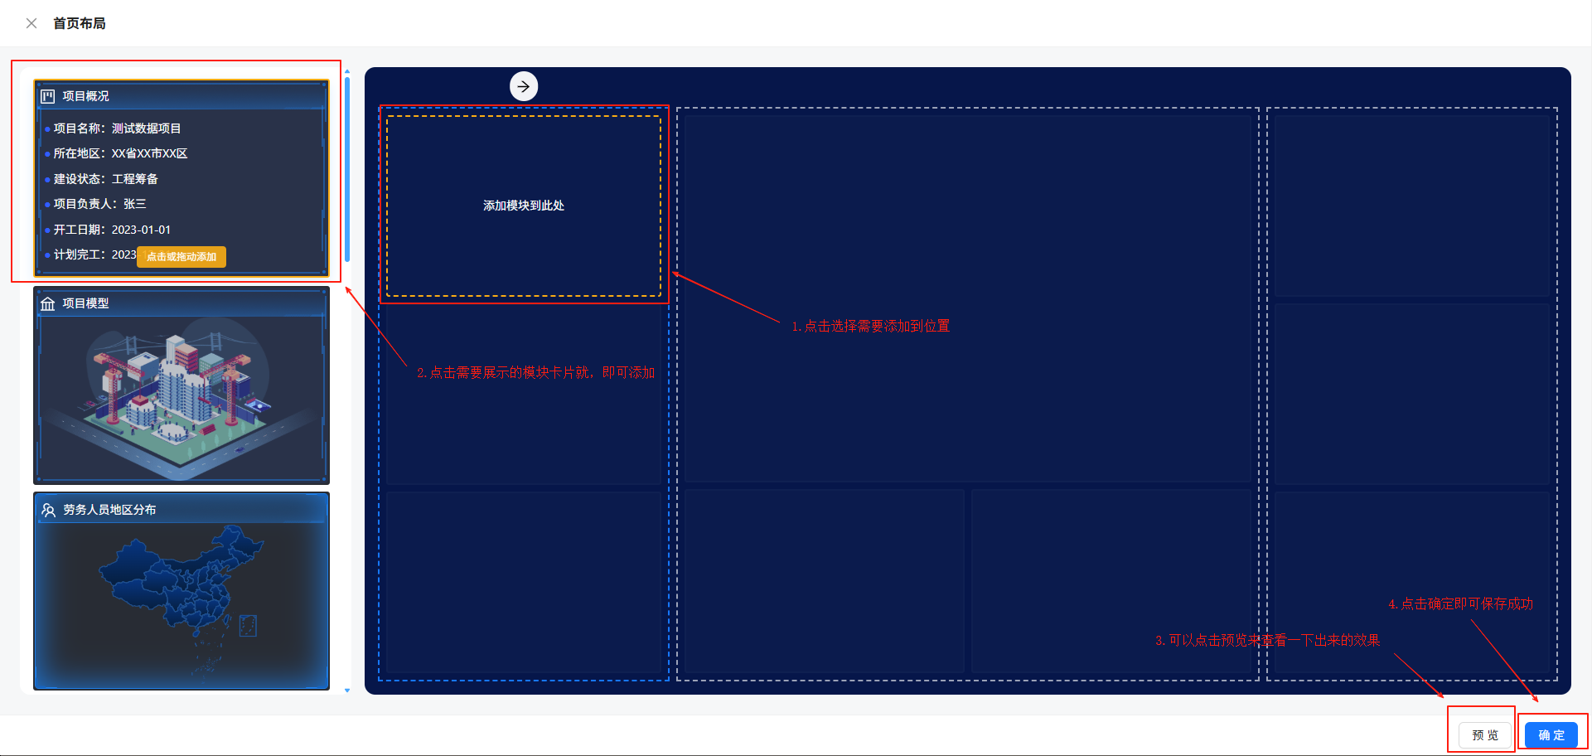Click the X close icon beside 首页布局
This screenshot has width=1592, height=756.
pyautogui.click(x=31, y=23)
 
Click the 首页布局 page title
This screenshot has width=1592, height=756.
pyautogui.click(x=80, y=23)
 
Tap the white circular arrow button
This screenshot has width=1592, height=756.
pyautogui.click(x=524, y=86)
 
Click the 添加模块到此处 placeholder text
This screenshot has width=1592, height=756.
pyautogui.click(x=524, y=206)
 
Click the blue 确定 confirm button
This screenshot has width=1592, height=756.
pyautogui.click(x=1551, y=735)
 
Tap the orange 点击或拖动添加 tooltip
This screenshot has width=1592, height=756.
pyautogui.click(x=181, y=257)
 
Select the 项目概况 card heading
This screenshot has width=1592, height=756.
pyautogui.click(x=85, y=96)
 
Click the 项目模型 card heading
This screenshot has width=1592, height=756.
pyautogui.click(x=85, y=303)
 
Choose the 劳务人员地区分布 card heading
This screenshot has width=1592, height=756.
pyautogui.click(x=109, y=510)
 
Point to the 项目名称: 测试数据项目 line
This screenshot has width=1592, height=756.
pyautogui.click(x=117, y=128)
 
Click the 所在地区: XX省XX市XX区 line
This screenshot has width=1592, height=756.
pyautogui.click(x=120, y=153)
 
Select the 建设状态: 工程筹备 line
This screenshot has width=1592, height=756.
pyautogui.click(x=105, y=179)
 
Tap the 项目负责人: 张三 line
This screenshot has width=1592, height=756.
pyautogui.click(x=99, y=204)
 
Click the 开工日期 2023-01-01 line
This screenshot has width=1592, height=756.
pyautogui.click(x=112, y=230)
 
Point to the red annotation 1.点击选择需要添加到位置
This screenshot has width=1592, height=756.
pyautogui.click(x=870, y=327)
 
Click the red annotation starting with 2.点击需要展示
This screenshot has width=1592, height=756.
pyautogui.click(x=535, y=373)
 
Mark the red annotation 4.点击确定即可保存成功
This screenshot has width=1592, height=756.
pyautogui.click(x=1460, y=604)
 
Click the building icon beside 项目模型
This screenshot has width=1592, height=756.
pyautogui.click(x=48, y=303)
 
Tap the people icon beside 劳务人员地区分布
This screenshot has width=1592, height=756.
pyautogui.click(x=48, y=510)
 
